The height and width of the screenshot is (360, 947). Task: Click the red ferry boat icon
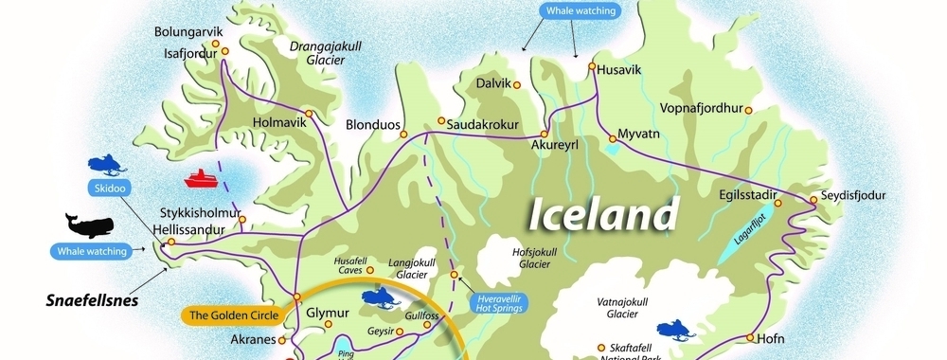tap(202, 178)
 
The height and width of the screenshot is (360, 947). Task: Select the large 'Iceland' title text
tap(603, 214)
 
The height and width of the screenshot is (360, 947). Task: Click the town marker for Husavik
tap(591, 67)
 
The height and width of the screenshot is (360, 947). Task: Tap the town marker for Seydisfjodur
tap(813, 200)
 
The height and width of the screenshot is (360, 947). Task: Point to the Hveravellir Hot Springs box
tap(500, 302)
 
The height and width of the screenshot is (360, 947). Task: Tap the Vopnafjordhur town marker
tap(748, 110)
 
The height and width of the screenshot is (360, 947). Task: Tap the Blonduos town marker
tap(402, 124)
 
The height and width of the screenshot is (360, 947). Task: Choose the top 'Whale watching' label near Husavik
tap(581, 11)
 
